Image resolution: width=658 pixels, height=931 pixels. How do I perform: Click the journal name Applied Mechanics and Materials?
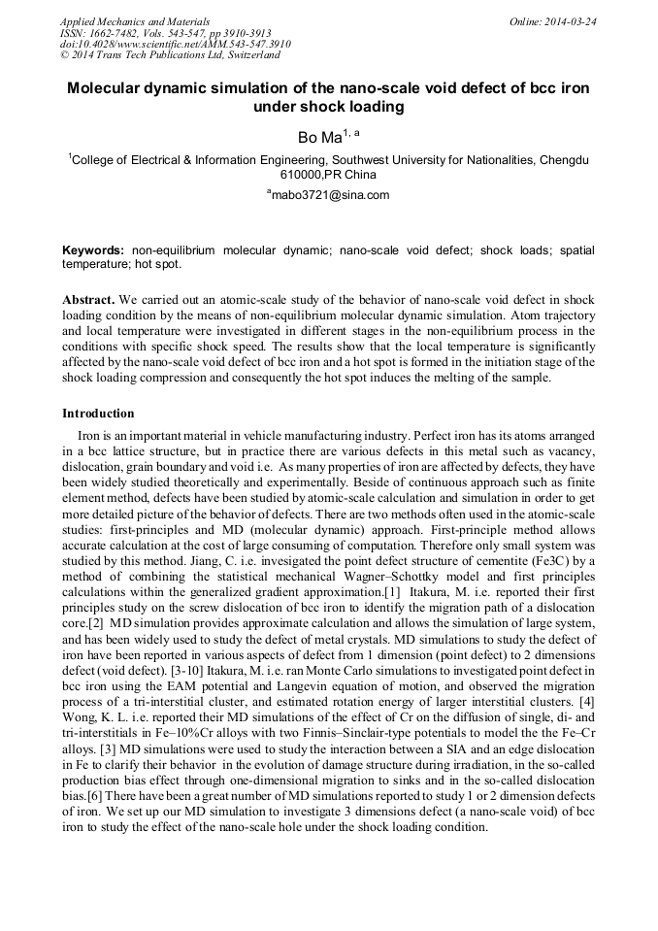pyautogui.click(x=135, y=21)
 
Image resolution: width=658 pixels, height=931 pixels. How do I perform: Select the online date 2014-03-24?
pyautogui.click(x=570, y=21)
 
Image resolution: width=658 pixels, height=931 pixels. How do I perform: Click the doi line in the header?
pyautogui.click(x=176, y=45)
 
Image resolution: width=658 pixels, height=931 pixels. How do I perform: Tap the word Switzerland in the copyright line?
pyautogui.click(x=249, y=56)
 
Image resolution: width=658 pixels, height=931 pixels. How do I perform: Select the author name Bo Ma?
pyautogui.click(x=318, y=138)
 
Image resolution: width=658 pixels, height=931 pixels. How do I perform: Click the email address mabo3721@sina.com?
pyautogui.click(x=331, y=194)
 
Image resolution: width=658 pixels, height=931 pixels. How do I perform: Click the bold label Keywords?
pyautogui.click(x=93, y=250)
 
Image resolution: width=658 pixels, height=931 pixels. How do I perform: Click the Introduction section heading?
pyautogui.click(x=98, y=414)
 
